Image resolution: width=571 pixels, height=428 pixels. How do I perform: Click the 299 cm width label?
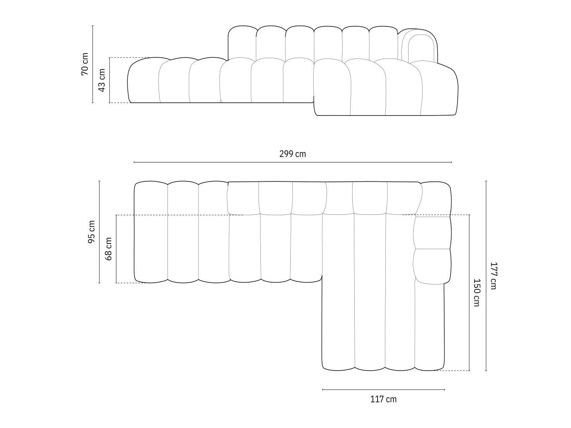(x=292, y=154)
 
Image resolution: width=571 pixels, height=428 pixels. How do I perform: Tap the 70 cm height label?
(x=85, y=64)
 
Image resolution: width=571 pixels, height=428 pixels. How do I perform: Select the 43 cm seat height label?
(x=102, y=80)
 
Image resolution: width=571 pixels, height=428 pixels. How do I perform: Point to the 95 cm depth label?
(x=91, y=232)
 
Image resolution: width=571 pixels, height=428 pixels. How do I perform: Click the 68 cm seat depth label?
(x=109, y=249)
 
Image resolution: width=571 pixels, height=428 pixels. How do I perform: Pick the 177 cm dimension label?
(x=493, y=276)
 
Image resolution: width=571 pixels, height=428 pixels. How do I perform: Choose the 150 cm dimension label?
(x=476, y=292)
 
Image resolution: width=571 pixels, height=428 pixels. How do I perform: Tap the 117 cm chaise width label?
(x=383, y=399)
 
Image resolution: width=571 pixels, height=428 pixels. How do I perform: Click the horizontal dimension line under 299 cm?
(x=292, y=162)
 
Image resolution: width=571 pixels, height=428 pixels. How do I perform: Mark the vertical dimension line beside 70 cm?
(x=93, y=64)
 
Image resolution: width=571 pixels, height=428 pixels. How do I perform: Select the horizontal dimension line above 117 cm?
(x=383, y=390)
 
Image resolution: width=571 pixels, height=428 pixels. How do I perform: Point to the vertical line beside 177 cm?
(x=486, y=276)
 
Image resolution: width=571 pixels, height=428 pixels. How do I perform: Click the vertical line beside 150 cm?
(x=469, y=292)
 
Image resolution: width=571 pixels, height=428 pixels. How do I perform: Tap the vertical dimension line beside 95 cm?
(x=99, y=232)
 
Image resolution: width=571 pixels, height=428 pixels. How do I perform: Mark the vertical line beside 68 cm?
(x=116, y=249)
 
